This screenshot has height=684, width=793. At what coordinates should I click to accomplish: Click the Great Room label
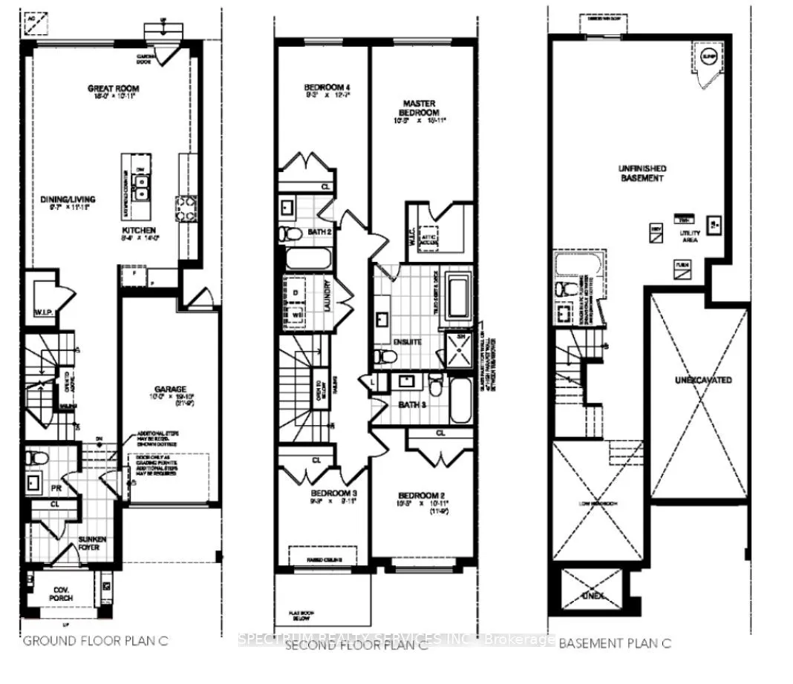click(113, 89)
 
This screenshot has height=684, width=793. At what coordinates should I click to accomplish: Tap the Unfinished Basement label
click(642, 174)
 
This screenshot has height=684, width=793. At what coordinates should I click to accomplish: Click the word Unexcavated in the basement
click(702, 380)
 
